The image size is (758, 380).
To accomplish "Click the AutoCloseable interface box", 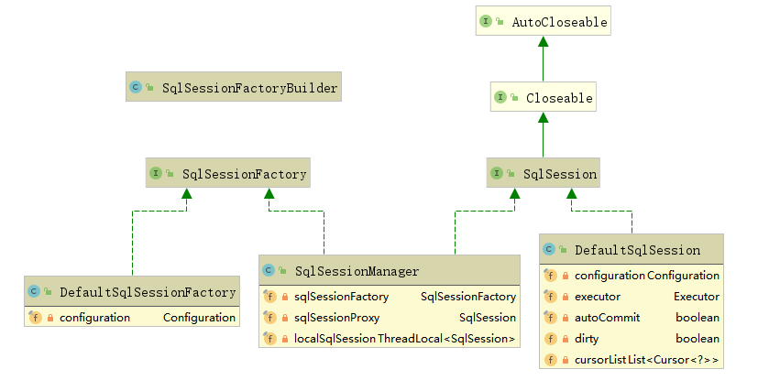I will pyautogui.click(x=543, y=21).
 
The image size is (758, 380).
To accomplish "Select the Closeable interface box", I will pyautogui.click(x=543, y=97).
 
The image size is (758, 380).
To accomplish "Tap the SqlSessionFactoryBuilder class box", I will pyautogui.click(x=233, y=88).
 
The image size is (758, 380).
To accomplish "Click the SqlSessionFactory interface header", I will pyautogui.click(x=226, y=172).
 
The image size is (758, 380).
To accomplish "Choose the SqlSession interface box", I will pyautogui.click(x=543, y=173).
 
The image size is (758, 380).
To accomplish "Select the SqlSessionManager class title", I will pyautogui.click(x=357, y=271).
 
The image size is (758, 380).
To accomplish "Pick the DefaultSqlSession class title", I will pyautogui.click(x=637, y=250).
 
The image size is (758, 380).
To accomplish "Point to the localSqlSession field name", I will pyautogui.click(x=335, y=339).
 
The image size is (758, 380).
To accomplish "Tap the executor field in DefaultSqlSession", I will pyautogui.click(x=598, y=297).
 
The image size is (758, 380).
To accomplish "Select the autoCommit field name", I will pyautogui.click(x=607, y=318).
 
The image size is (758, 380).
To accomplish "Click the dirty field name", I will pyautogui.click(x=587, y=339).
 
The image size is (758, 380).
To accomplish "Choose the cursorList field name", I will pyautogui.click(x=599, y=361).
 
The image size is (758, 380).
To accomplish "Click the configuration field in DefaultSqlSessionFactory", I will pyautogui.click(x=94, y=318).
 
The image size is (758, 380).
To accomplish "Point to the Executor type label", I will pyautogui.click(x=697, y=297).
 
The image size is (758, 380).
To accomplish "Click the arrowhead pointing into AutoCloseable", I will pyautogui.click(x=543, y=42).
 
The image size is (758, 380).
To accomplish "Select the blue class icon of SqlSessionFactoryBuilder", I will pyautogui.click(x=136, y=88).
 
